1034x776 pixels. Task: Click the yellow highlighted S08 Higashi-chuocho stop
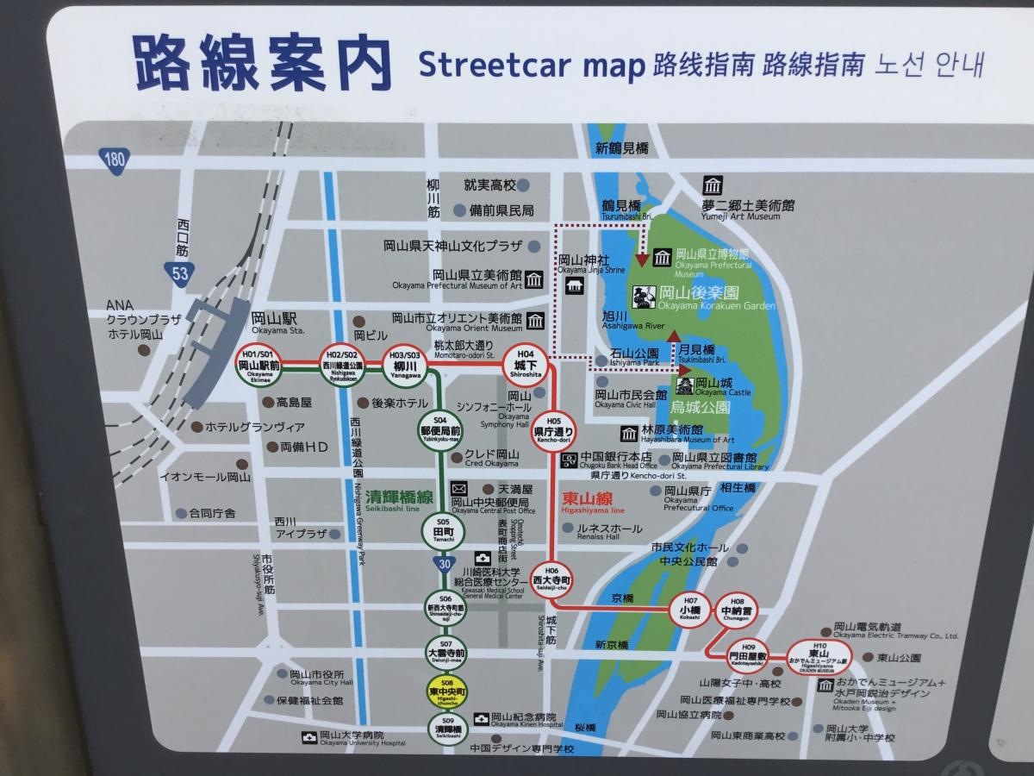[x=446, y=692]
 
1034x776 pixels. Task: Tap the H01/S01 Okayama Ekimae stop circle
[x=259, y=366]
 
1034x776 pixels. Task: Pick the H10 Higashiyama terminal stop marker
[x=818, y=655]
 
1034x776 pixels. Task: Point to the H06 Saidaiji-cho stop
[x=551, y=576]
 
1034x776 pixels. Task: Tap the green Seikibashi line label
[x=399, y=498]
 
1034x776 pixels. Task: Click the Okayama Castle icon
[x=684, y=385]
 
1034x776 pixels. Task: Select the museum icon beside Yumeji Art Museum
[x=712, y=185]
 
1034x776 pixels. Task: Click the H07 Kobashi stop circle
[x=690, y=609]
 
